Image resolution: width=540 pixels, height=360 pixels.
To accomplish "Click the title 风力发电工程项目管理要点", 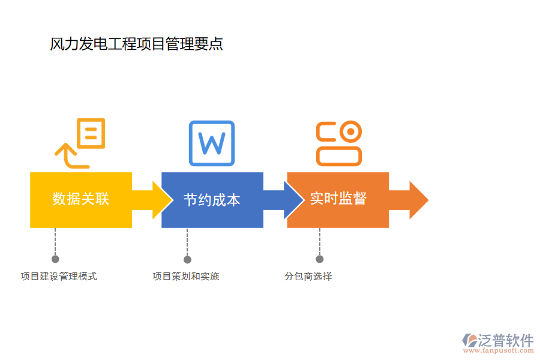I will (137, 44).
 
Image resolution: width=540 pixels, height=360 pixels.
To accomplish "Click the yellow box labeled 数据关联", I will (81, 200).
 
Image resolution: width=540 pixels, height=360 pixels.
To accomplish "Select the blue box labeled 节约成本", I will (212, 200).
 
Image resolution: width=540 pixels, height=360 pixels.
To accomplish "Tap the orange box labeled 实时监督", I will (338, 200).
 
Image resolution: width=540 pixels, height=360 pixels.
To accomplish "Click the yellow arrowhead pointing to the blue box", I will (161, 200).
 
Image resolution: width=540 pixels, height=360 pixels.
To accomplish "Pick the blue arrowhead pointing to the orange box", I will (293, 200).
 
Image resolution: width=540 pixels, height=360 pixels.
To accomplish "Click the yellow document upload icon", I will (80, 143).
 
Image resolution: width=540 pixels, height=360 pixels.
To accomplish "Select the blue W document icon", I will (212, 143).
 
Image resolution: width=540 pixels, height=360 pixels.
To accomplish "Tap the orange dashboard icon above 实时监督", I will (339, 143).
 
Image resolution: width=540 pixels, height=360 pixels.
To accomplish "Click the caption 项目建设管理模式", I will (59, 276).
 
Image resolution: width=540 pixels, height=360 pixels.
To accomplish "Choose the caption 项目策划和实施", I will (186, 276).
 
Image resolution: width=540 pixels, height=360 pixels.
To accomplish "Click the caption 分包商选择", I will (308, 276).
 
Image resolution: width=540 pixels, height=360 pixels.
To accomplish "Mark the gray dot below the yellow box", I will (55, 259).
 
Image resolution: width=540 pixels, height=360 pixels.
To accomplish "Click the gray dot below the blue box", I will (187, 259).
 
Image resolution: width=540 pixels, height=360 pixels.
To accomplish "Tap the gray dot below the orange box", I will (319, 259).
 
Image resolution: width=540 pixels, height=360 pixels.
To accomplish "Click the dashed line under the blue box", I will (187, 241).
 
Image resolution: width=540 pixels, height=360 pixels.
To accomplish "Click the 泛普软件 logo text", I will (505, 340).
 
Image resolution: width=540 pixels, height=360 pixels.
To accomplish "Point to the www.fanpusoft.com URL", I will (497, 352).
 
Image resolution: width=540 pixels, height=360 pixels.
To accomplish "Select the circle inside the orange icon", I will (350, 131).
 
